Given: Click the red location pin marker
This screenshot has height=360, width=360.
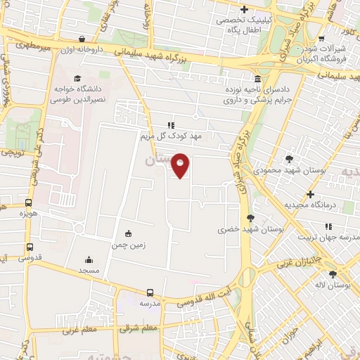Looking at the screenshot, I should coord(181,165).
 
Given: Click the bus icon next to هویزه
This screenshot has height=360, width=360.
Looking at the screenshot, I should coord(29,201).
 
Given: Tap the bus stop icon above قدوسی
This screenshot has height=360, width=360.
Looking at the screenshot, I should coord(30,247).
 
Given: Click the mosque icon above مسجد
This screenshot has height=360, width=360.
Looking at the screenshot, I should coord(89,259).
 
